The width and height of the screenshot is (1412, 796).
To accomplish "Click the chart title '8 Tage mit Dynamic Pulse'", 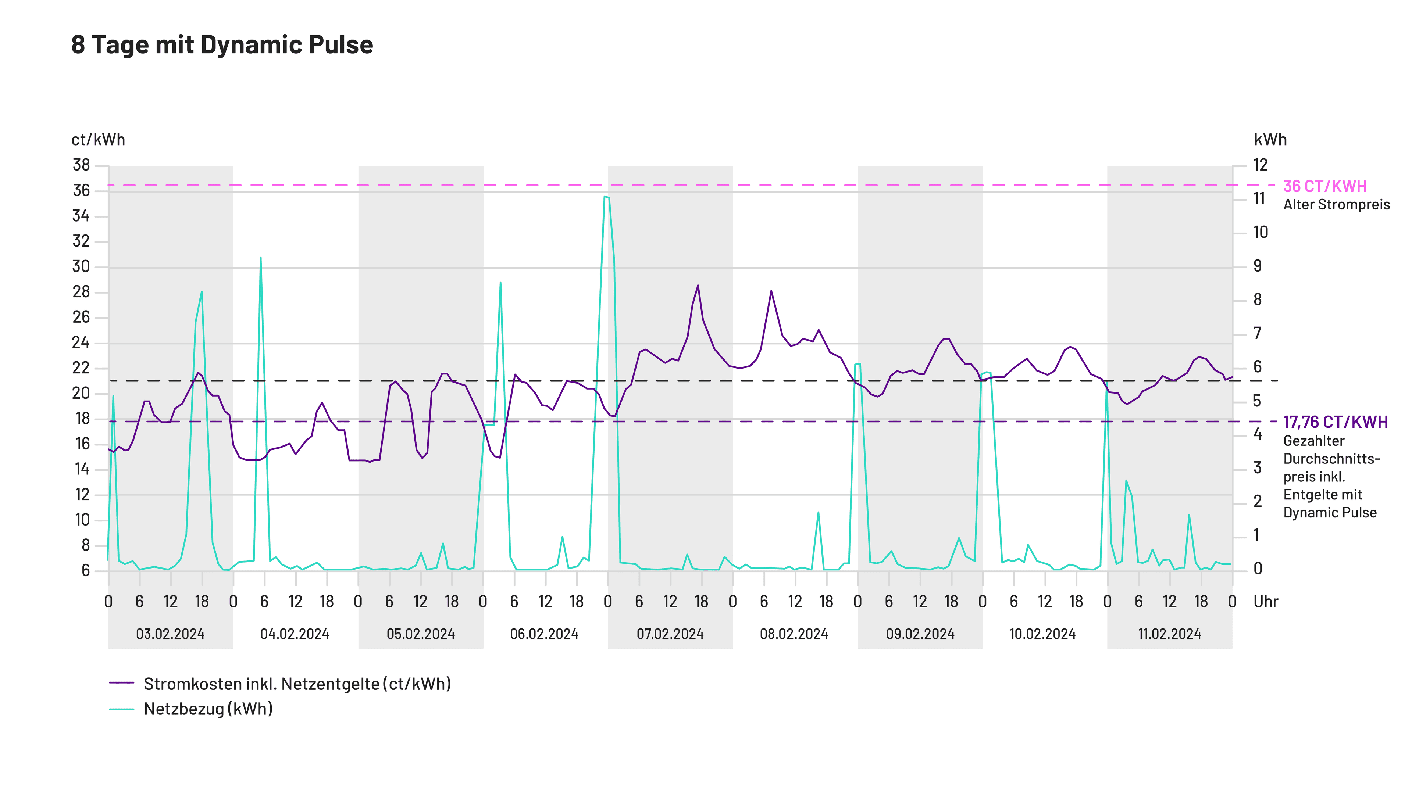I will pos(222,44).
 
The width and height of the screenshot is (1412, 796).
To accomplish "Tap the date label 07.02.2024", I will pos(670,634).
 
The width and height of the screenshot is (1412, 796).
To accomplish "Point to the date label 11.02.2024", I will pos(1169,634).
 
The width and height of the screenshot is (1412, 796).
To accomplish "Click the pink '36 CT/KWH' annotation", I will pos(1325,186).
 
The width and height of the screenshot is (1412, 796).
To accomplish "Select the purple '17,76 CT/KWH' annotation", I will pos(1335,422).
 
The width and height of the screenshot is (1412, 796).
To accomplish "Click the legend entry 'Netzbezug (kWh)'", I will pos(208,709).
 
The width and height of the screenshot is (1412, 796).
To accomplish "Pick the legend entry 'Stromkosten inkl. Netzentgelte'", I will pos(296,684).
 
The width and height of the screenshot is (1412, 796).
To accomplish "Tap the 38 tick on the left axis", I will pos(81,165).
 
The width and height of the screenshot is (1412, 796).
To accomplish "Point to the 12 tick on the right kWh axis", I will pos(1260,165).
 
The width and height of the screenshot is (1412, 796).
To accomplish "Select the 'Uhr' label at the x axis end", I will pos(1266,602).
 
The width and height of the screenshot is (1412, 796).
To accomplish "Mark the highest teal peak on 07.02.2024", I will pos(605,197).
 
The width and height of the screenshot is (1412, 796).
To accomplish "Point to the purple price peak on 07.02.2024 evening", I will pos(698,286).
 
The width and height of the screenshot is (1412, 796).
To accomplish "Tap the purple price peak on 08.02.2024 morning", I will pos(771,291).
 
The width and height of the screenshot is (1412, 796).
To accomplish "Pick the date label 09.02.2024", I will pos(920,634).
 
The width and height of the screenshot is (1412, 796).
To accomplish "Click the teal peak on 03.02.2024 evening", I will pos(202,292).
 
